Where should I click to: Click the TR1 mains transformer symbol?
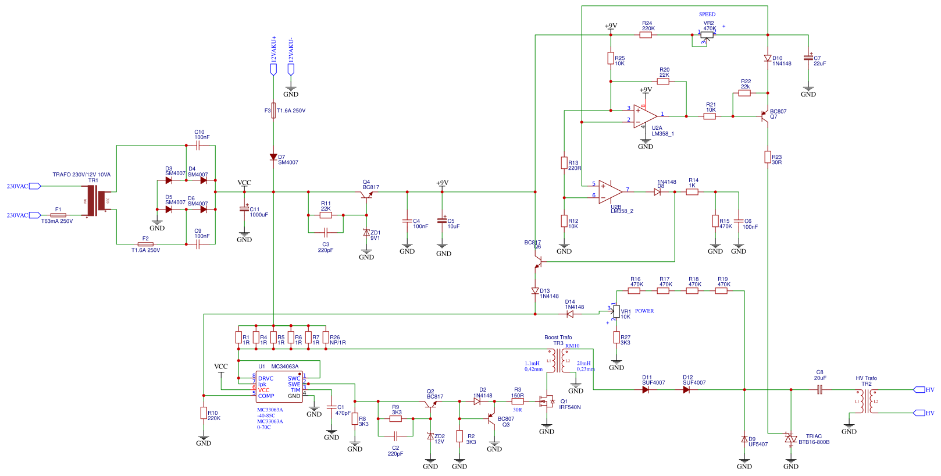(x=98, y=201)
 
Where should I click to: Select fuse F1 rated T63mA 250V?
(x=58, y=215)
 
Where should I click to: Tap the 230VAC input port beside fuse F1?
(x=34, y=215)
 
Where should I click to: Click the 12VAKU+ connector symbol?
(x=273, y=70)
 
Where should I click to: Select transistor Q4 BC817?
(x=366, y=195)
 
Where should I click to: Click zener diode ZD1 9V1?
(x=366, y=232)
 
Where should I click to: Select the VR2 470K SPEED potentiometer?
(x=707, y=35)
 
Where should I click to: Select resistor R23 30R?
(x=768, y=157)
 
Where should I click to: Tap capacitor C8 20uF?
(x=820, y=390)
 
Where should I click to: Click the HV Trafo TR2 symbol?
(x=867, y=402)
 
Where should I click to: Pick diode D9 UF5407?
(x=744, y=439)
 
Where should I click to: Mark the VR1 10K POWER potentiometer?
(x=616, y=312)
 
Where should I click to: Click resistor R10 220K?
(x=204, y=413)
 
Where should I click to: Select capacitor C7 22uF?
(x=808, y=58)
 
